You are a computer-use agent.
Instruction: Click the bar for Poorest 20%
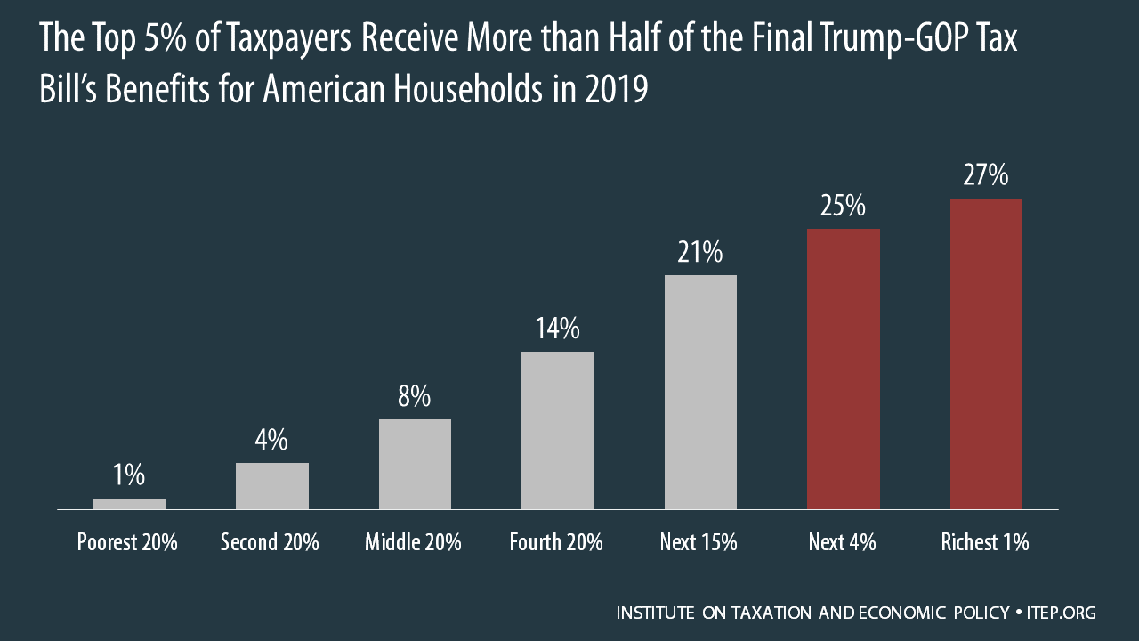point(129,504)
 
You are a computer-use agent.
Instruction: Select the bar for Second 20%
point(272,486)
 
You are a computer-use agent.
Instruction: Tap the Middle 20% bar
point(415,464)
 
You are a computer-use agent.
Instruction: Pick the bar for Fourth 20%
point(558,430)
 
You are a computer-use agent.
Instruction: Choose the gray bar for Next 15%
point(700,392)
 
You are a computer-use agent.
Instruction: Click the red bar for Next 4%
point(843,369)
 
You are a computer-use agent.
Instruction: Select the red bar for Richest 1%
point(986,353)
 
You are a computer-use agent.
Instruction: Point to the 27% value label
point(986,175)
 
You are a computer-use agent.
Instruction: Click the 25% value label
point(843,207)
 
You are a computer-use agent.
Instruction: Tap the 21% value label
point(700,253)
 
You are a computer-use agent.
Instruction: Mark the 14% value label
point(558,329)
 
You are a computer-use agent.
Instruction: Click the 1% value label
point(129,475)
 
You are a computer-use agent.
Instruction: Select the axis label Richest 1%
point(985,542)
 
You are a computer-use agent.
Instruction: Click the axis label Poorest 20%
point(127,542)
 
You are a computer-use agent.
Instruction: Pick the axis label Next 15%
point(699,542)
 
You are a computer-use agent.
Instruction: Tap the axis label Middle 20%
point(413,542)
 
